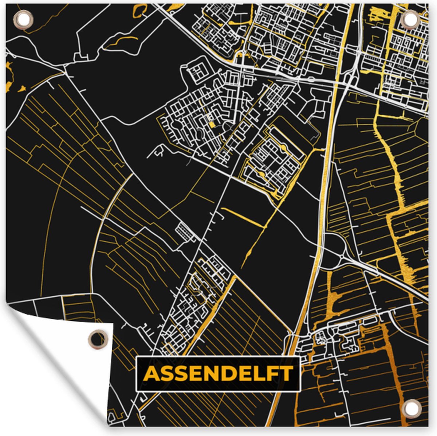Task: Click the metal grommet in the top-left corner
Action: [23, 19]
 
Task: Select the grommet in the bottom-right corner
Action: [412, 407]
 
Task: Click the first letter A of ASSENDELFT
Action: [152, 374]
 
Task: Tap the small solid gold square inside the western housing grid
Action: [212, 124]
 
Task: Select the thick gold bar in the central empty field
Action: [242, 217]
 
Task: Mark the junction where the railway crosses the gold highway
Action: [338, 82]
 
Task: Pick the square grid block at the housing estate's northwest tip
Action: [197, 72]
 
